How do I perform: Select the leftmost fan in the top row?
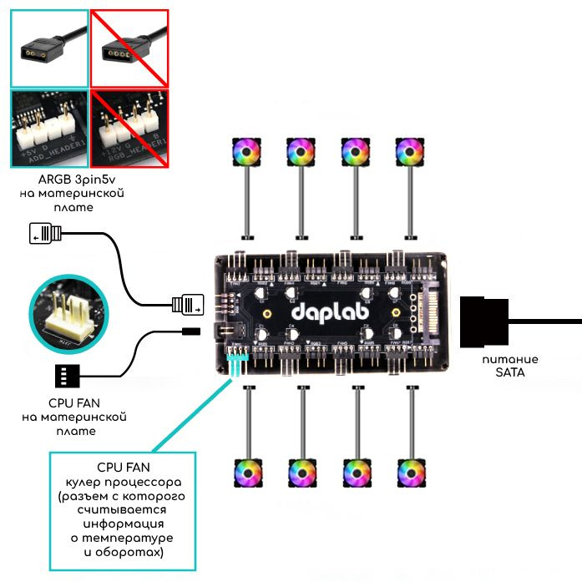point(247,153)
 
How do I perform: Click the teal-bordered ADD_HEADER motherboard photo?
point(47,129)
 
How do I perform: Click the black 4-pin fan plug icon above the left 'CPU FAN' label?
point(70,376)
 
